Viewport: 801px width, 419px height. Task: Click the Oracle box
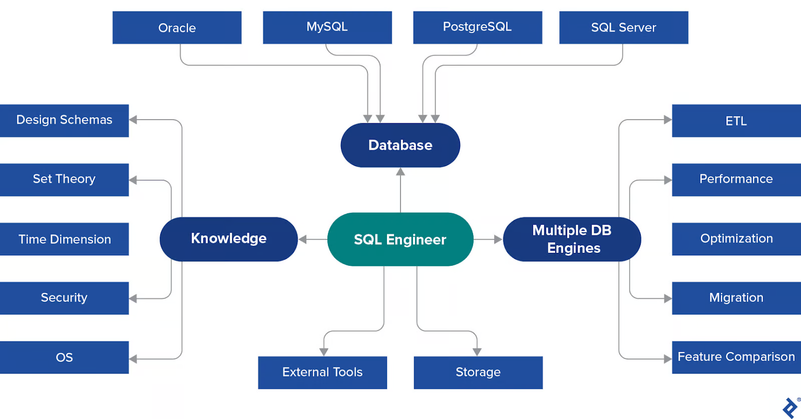pos(177,28)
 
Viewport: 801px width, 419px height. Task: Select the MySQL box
pos(327,28)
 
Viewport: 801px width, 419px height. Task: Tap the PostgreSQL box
pos(477,28)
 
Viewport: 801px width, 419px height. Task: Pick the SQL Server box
pos(623,28)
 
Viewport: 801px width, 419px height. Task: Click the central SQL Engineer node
pos(400,239)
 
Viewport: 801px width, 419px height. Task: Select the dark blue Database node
pos(400,145)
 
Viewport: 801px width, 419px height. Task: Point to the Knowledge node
pos(228,239)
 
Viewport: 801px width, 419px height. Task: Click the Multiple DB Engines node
pos(572,239)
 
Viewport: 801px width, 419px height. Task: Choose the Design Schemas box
pos(64,120)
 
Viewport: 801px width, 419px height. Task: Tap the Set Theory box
pos(64,179)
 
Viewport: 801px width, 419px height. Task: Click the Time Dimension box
pos(64,239)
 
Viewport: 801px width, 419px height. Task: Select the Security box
pos(64,298)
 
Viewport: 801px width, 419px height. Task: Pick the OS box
pos(64,357)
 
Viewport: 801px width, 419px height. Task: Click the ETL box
pos(736,121)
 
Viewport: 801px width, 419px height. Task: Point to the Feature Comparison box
pos(736,357)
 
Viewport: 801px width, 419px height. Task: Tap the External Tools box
pos(322,372)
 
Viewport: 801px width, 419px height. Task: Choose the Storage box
pos(478,372)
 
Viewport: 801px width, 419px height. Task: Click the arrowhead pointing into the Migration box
pos(668,298)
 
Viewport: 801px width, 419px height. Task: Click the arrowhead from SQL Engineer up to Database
pos(400,172)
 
